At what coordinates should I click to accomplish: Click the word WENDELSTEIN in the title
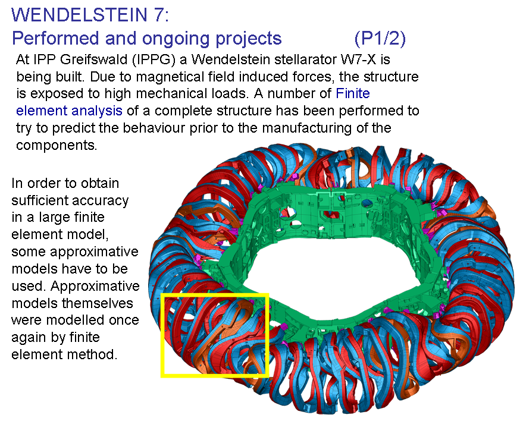click(79, 15)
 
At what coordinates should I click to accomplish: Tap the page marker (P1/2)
click(380, 38)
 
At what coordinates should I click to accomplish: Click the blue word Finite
click(353, 94)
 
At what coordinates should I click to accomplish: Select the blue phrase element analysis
click(69, 111)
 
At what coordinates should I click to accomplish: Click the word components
click(57, 146)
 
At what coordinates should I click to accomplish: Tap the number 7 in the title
click(159, 15)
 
